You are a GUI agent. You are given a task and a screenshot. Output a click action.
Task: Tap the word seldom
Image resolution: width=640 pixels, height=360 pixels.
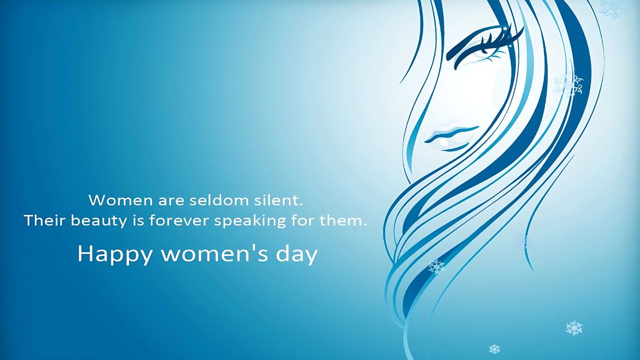217,201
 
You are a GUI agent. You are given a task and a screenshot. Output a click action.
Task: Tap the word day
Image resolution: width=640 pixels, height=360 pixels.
296,255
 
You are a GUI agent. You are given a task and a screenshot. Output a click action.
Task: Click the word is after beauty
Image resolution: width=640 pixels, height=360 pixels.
137,221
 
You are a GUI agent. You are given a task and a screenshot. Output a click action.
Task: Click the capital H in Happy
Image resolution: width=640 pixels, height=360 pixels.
85,254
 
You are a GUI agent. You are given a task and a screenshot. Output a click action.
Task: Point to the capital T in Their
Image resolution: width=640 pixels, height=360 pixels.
29,220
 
